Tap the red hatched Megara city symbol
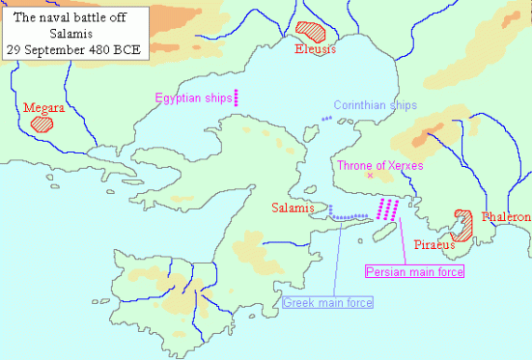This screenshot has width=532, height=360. [42, 123]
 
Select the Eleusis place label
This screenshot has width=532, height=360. [316, 49]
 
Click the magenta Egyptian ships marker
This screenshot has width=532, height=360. [236, 96]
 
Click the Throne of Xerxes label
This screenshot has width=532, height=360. [379, 166]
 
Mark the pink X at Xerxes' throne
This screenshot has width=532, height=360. [370, 177]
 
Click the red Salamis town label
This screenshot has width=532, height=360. [293, 207]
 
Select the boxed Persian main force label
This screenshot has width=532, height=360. [414, 272]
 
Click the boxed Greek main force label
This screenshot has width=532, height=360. [328, 303]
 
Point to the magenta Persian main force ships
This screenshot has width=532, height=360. [388, 208]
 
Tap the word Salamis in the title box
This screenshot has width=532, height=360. [69, 31]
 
